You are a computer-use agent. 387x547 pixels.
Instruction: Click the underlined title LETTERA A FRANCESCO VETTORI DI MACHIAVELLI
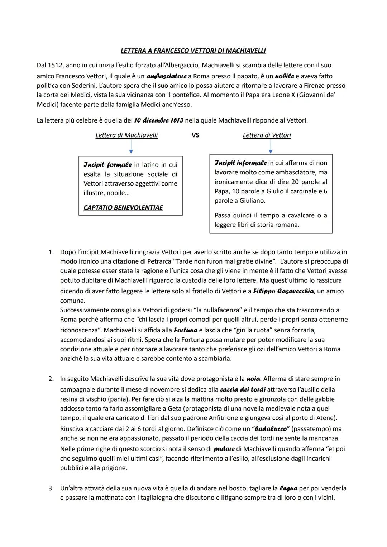[x=193, y=51]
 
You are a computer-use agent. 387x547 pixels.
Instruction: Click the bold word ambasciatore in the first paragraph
[x=166, y=76]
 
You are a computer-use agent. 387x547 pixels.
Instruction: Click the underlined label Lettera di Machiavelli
[x=126, y=135]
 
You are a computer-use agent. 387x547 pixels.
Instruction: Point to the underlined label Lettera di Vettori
[x=267, y=135]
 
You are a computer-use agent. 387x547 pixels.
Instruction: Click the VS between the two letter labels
[x=195, y=135]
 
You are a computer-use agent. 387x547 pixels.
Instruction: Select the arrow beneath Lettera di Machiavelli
[x=131, y=147]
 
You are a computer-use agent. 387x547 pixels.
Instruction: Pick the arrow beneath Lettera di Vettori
[x=270, y=147]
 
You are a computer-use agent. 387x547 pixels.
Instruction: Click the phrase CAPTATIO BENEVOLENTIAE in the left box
[x=123, y=208]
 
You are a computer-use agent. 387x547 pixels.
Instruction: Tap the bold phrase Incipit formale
[x=107, y=165]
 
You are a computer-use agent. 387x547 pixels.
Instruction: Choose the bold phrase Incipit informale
[x=240, y=163]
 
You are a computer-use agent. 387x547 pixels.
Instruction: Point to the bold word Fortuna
[x=185, y=330]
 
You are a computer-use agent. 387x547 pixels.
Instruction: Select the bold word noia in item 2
[x=253, y=379]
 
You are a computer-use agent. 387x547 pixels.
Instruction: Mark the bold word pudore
[x=224, y=449]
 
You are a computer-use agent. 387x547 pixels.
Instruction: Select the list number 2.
[x=51, y=379]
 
